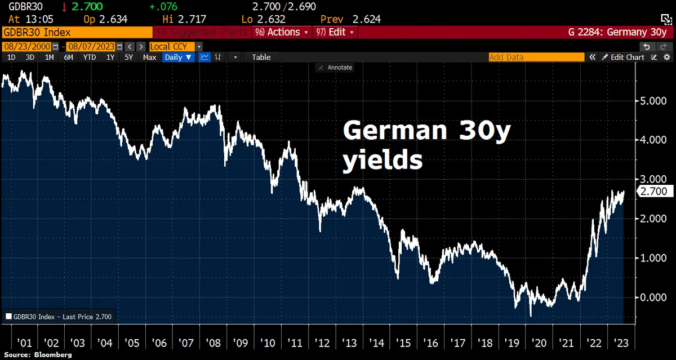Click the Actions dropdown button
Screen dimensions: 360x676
(281, 32)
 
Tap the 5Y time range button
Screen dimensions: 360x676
(129, 57)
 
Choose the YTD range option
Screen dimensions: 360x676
(89, 57)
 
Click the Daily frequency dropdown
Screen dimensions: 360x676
(178, 57)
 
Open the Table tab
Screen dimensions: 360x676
(261, 57)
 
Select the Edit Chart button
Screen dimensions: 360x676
(623, 57)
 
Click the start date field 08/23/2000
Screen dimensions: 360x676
(27, 46)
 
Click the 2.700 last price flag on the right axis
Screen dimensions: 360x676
(653, 192)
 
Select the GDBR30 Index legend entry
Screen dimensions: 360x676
(59, 317)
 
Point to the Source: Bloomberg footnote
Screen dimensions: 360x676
(38, 355)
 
